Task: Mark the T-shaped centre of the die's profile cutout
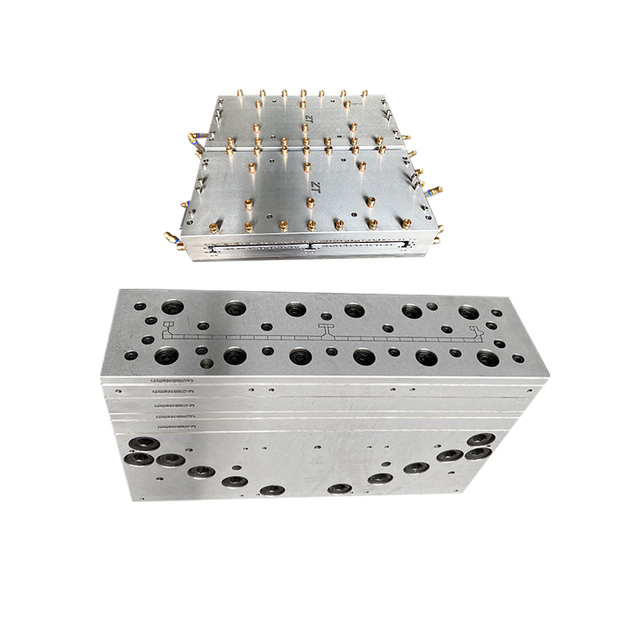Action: (323, 331)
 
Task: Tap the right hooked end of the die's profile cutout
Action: (477, 334)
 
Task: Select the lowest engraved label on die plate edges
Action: (171, 426)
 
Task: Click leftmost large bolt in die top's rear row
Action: (174, 306)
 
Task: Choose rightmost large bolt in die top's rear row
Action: (467, 312)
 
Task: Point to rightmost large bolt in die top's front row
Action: (487, 359)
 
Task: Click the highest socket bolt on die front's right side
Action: (481, 439)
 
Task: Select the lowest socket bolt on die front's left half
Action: (271, 490)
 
